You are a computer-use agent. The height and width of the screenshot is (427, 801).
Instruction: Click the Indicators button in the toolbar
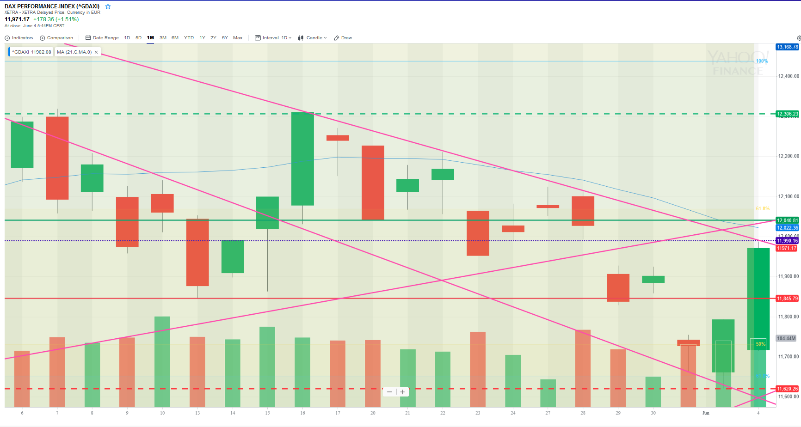click(x=19, y=38)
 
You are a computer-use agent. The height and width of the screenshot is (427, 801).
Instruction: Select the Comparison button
click(x=56, y=38)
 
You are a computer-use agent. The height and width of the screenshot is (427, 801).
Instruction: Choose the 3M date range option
click(x=163, y=38)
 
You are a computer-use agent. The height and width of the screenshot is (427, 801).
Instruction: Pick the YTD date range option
click(x=189, y=38)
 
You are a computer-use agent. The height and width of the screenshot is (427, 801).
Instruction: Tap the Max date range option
click(x=238, y=38)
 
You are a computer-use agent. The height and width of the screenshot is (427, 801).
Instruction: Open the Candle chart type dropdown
click(x=313, y=38)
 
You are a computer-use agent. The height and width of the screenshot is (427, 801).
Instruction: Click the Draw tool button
click(x=343, y=38)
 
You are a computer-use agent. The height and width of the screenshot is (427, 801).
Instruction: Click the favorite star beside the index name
click(x=108, y=6)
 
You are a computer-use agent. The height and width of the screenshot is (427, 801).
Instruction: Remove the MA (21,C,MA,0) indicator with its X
click(x=96, y=52)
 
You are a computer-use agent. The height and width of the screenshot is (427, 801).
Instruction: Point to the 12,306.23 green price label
click(x=787, y=114)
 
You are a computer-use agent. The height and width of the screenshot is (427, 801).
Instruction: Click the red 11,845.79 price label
click(x=787, y=299)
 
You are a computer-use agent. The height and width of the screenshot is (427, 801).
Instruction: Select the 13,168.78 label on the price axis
click(x=787, y=47)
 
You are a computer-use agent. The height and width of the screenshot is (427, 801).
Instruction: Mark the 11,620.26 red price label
click(x=787, y=389)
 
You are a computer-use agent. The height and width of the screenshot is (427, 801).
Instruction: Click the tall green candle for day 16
click(x=302, y=159)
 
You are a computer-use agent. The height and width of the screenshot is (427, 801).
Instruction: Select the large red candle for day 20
click(x=373, y=183)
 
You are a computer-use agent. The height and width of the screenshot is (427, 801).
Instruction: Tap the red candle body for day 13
click(x=197, y=252)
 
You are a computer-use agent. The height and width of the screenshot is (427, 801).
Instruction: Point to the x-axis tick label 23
click(x=478, y=413)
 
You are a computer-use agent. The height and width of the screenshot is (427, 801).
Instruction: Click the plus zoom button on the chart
click(x=402, y=392)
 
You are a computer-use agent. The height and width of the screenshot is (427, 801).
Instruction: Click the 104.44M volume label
click(x=786, y=338)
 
